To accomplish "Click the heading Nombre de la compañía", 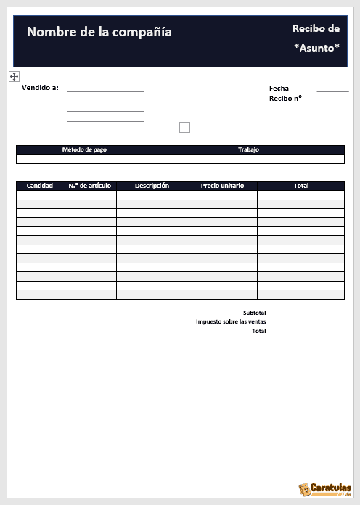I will pos(99,32).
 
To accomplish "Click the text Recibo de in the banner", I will pos(316,28).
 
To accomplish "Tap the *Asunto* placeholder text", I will pos(316,48).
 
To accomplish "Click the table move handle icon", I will pos(15,76).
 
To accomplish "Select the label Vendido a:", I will pos(41,88).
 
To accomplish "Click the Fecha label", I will pos(279,89).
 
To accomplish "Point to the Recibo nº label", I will pos(285,98).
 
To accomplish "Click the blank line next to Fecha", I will pos(332,91).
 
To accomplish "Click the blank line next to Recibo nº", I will pos(332,101).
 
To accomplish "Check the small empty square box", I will pos(184,128).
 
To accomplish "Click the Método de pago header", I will pos(84,149).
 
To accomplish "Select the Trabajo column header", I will pos(248,149).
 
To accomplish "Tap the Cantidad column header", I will pos(39,186).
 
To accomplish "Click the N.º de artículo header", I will pos(89,186).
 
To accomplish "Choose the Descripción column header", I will pos(152,186).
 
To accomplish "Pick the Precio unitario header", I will pos(222,186).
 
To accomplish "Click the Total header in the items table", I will pos(300,186).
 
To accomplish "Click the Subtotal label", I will pos(254,313).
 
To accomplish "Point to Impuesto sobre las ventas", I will pos(231,321).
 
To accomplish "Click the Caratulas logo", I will pos(325,489).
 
